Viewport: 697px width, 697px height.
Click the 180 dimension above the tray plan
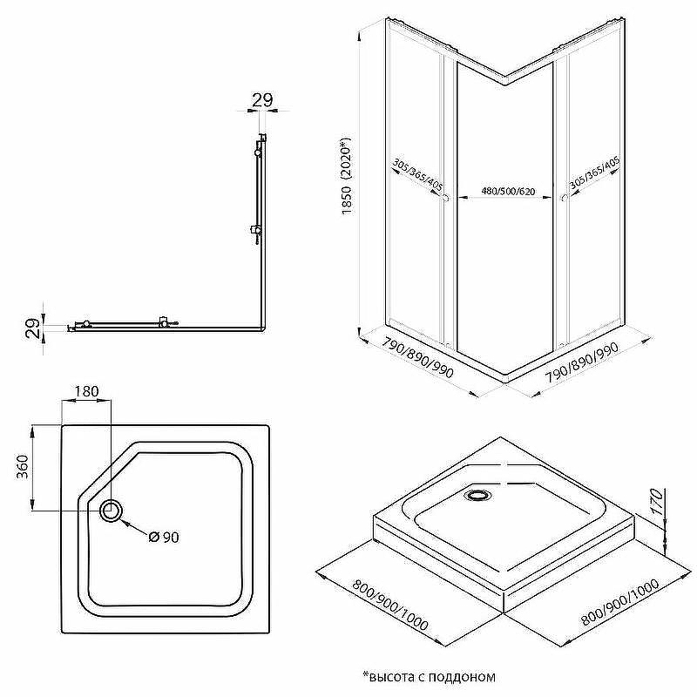click(x=86, y=391)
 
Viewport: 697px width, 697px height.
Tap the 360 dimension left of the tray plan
click(x=23, y=466)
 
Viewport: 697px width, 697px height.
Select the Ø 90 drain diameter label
click(x=164, y=537)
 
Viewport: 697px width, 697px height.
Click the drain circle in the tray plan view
click(x=111, y=511)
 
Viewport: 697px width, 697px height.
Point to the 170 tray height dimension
click(x=657, y=502)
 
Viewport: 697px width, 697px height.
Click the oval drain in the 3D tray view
click(x=477, y=495)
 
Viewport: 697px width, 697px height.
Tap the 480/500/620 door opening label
click(x=508, y=191)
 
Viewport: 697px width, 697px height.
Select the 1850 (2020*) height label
click(x=347, y=176)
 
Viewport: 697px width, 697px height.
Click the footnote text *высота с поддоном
click(x=429, y=677)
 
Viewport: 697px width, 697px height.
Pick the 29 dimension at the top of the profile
click(x=262, y=100)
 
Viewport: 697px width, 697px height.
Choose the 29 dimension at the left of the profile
click(x=32, y=328)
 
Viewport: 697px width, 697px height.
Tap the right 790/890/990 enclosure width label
click(x=582, y=362)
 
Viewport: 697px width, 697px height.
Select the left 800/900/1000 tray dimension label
click(x=390, y=605)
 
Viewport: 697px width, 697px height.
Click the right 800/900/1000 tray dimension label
click(x=620, y=602)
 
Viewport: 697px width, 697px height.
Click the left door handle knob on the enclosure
click(x=445, y=199)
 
